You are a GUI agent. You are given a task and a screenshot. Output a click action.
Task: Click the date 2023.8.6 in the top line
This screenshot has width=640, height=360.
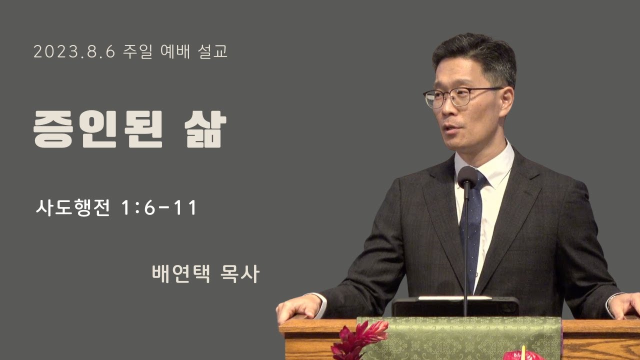[x=74, y=51]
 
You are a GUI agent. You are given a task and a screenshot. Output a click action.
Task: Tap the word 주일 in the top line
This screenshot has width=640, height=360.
[x=137, y=51]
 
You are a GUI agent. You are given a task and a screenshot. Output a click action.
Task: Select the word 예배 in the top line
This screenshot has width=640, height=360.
[x=175, y=51]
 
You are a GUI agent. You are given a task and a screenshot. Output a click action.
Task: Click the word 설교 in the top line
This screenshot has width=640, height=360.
[x=212, y=51]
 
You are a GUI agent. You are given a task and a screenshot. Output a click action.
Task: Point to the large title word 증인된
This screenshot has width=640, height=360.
[x=98, y=129]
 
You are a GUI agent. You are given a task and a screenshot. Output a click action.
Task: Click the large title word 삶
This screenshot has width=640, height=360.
[x=205, y=129]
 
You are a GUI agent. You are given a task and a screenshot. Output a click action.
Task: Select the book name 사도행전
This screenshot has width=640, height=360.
[x=73, y=207]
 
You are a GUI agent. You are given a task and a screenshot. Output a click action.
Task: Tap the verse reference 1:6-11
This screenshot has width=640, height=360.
[x=159, y=207]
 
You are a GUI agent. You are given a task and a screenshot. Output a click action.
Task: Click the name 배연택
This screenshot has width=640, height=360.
[x=181, y=273]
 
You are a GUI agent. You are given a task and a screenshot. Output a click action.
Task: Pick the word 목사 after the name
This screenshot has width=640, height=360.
[x=240, y=273]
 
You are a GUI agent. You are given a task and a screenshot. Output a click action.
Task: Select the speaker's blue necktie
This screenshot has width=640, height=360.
[x=471, y=228]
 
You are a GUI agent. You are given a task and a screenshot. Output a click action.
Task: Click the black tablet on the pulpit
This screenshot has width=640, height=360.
[x=455, y=306]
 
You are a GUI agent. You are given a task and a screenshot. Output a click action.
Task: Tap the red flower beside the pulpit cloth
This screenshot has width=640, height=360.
[x=359, y=340]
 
